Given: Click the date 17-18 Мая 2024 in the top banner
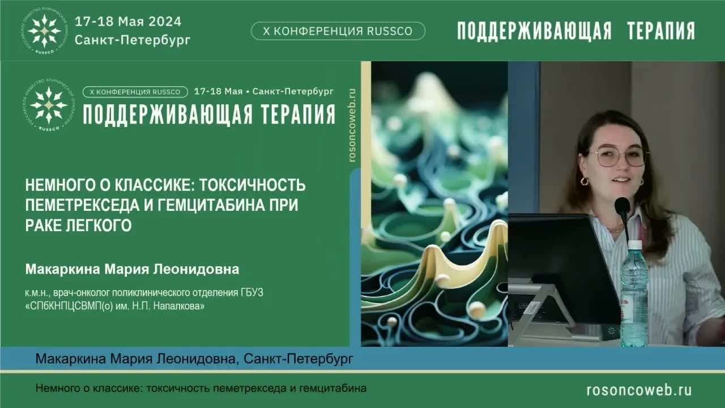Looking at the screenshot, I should click(x=128, y=22).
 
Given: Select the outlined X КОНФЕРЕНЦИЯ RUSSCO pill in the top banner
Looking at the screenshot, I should click(x=338, y=31).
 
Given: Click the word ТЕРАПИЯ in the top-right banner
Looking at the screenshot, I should click(x=661, y=31).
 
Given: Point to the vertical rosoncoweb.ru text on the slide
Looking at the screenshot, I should click(x=352, y=125).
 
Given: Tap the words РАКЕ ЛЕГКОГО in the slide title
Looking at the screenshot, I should click(x=78, y=225).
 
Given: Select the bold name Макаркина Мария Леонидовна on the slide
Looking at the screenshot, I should click(x=132, y=269).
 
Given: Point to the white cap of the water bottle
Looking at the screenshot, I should click(x=635, y=245).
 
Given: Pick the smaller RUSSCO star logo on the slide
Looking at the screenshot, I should click(x=49, y=105).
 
